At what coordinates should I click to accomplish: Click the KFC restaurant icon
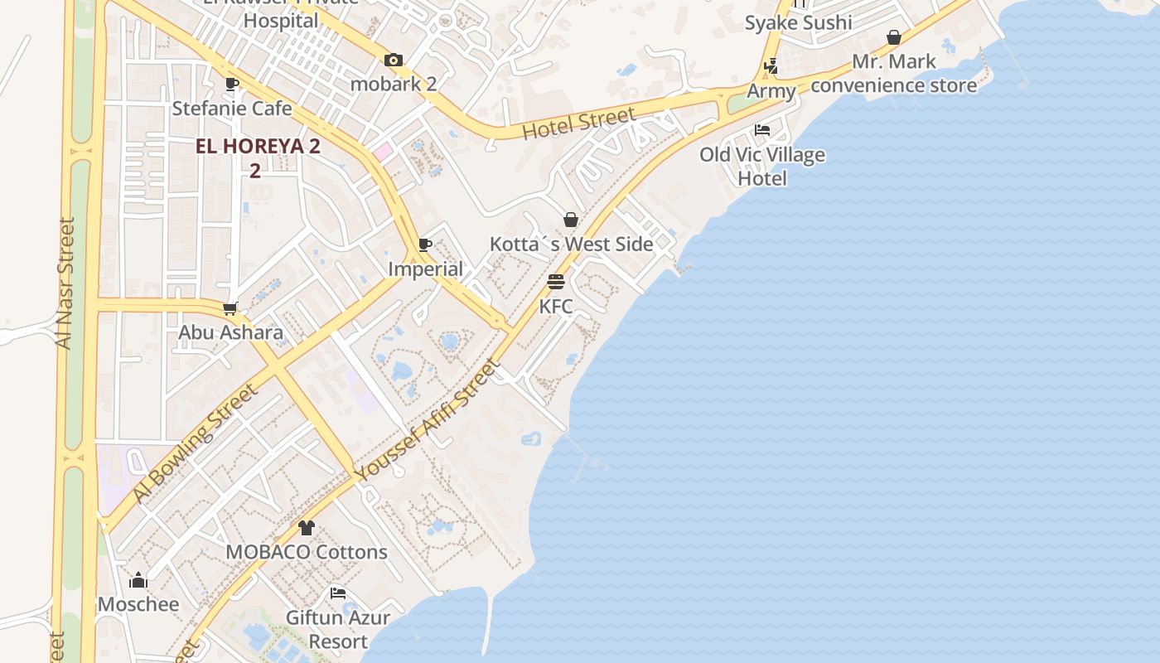tap(556, 282)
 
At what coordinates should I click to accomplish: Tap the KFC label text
tap(556, 307)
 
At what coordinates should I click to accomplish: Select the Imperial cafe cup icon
tap(425, 244)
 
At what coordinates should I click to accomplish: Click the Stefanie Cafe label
tap(232, 109)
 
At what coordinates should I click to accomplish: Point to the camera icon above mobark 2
tap(394, 60)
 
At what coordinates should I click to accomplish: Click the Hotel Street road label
tap(579, 123)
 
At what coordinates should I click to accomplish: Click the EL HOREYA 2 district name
tap(258, 147)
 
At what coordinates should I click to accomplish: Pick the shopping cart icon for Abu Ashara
tap(230, 308)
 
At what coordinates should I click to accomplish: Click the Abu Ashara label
tap(231, 332)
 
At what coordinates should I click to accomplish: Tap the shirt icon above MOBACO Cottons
tap(307, 528)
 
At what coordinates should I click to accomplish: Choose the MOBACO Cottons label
tap(307, 552)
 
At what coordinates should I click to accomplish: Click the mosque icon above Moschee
tap(138, 580)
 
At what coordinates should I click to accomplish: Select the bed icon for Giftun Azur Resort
tap(338, 593)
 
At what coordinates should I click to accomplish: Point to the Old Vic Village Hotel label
tap(762, 166)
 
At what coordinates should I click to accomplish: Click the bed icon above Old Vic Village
tap(762, 130)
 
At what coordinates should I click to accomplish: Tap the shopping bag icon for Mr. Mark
tap(894, 37)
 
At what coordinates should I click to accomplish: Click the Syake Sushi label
tap(798, 22)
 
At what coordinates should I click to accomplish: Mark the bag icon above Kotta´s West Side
tap(571, 220)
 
